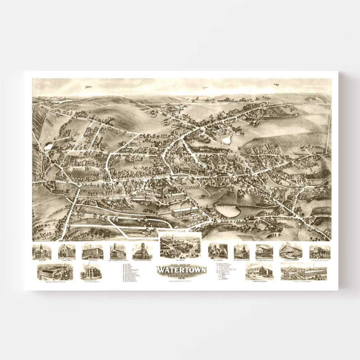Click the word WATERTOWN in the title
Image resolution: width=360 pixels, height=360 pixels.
click(x=182, y=270)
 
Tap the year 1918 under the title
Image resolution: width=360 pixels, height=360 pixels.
click(x=182, y=278)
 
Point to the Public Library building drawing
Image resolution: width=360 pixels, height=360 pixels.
click(x=66, y=251)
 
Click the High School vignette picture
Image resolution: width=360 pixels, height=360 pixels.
click(x=93, y=252)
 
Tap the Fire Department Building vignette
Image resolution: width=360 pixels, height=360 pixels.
click(x=265, y=251)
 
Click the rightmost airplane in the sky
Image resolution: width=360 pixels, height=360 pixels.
click(x=277, y=84)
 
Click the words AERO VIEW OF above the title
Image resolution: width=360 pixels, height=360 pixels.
click(x=181, y=264)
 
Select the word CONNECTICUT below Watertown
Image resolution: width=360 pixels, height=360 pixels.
click(x=181, y=275)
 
